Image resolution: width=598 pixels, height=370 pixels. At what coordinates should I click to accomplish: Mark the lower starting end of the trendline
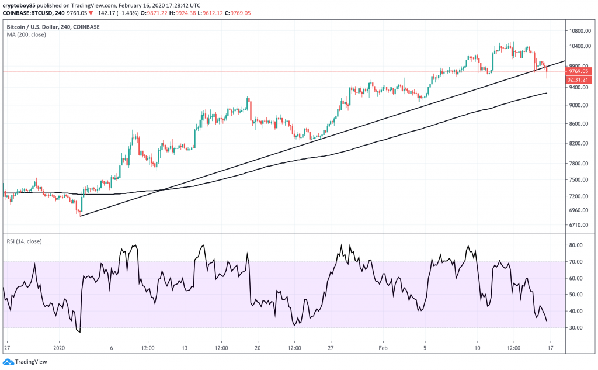coord(81,216)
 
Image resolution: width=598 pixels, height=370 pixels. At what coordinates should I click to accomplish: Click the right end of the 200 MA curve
coord(547,93)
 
